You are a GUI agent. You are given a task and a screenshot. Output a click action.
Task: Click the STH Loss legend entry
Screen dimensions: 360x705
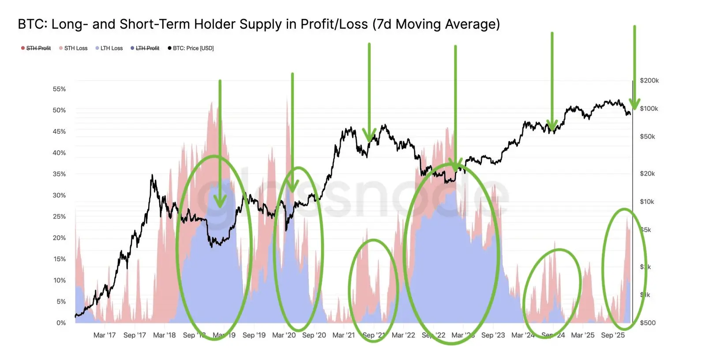pyautogui.click(x=75, y=48)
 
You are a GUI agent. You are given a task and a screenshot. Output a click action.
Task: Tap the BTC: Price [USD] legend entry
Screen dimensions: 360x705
pyautogui.click(x=193, y=48)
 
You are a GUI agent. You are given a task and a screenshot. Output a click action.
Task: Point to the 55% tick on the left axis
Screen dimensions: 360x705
pyautogui.click(x=59, y=89)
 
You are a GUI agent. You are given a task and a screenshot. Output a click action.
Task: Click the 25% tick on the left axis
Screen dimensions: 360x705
pyautogui.click(x=59, y=217)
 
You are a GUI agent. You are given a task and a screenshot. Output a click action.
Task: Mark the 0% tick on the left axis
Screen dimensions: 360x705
pyautogui.click(x=61, y=323)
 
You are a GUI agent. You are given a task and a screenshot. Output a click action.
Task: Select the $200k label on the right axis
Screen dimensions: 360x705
pyautogui.click(x=649, y=81)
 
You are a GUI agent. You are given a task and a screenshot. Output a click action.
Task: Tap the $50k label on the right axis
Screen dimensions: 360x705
pyautogui.click(x=647, y=137)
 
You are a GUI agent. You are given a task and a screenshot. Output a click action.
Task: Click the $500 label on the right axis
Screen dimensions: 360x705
pyautogui.click(x=648, y=323)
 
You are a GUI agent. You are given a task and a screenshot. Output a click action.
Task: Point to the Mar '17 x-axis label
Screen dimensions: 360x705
pyautogui.click(x=105, y=335)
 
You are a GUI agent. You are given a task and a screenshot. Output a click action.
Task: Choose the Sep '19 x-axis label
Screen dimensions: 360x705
pyautogui.click(x=254, y=335)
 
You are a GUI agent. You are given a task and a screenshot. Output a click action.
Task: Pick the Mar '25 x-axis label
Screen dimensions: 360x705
pyautogui.click(x=583, y=335)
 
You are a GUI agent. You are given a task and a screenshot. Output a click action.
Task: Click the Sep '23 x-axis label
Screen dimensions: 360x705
pyautogui.click(x=493, y=335)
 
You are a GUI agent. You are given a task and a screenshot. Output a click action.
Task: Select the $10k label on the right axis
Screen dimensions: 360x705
pyautogui.click(x=647, y=202)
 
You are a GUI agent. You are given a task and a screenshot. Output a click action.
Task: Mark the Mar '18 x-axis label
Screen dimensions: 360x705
pyautogui.click(x=164, y=335)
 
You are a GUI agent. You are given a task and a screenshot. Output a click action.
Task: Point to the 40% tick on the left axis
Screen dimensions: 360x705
pyautogui.click(x=59, y=153)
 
